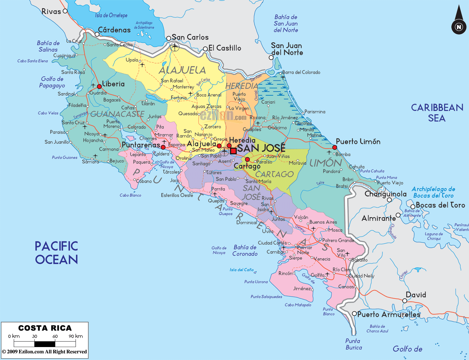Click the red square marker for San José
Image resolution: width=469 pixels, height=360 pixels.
234,151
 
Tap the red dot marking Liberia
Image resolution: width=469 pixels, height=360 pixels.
99,86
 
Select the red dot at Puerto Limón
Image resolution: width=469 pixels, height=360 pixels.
334,147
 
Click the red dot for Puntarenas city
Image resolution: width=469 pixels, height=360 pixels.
163,147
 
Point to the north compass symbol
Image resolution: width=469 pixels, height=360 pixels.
459,22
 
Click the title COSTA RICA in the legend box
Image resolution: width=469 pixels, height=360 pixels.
45,328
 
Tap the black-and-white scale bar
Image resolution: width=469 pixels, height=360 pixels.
45,344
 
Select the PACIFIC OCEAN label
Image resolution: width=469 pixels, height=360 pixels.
56,253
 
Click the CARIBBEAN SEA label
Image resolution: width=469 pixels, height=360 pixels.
437,113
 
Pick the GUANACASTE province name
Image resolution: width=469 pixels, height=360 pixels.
117,114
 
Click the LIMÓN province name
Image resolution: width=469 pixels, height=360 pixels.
326,163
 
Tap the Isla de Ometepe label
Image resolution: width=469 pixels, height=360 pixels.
111,15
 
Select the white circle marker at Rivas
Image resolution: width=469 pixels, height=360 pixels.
65,11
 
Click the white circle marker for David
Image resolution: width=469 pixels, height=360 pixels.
405,301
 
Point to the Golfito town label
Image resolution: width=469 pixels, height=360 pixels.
318,275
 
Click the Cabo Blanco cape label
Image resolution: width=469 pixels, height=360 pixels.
130,195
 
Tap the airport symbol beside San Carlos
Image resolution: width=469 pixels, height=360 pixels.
175,47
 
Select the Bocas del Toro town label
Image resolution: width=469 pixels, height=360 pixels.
440,205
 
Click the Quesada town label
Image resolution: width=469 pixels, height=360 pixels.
188,114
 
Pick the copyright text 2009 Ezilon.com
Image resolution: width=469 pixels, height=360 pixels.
45,352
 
